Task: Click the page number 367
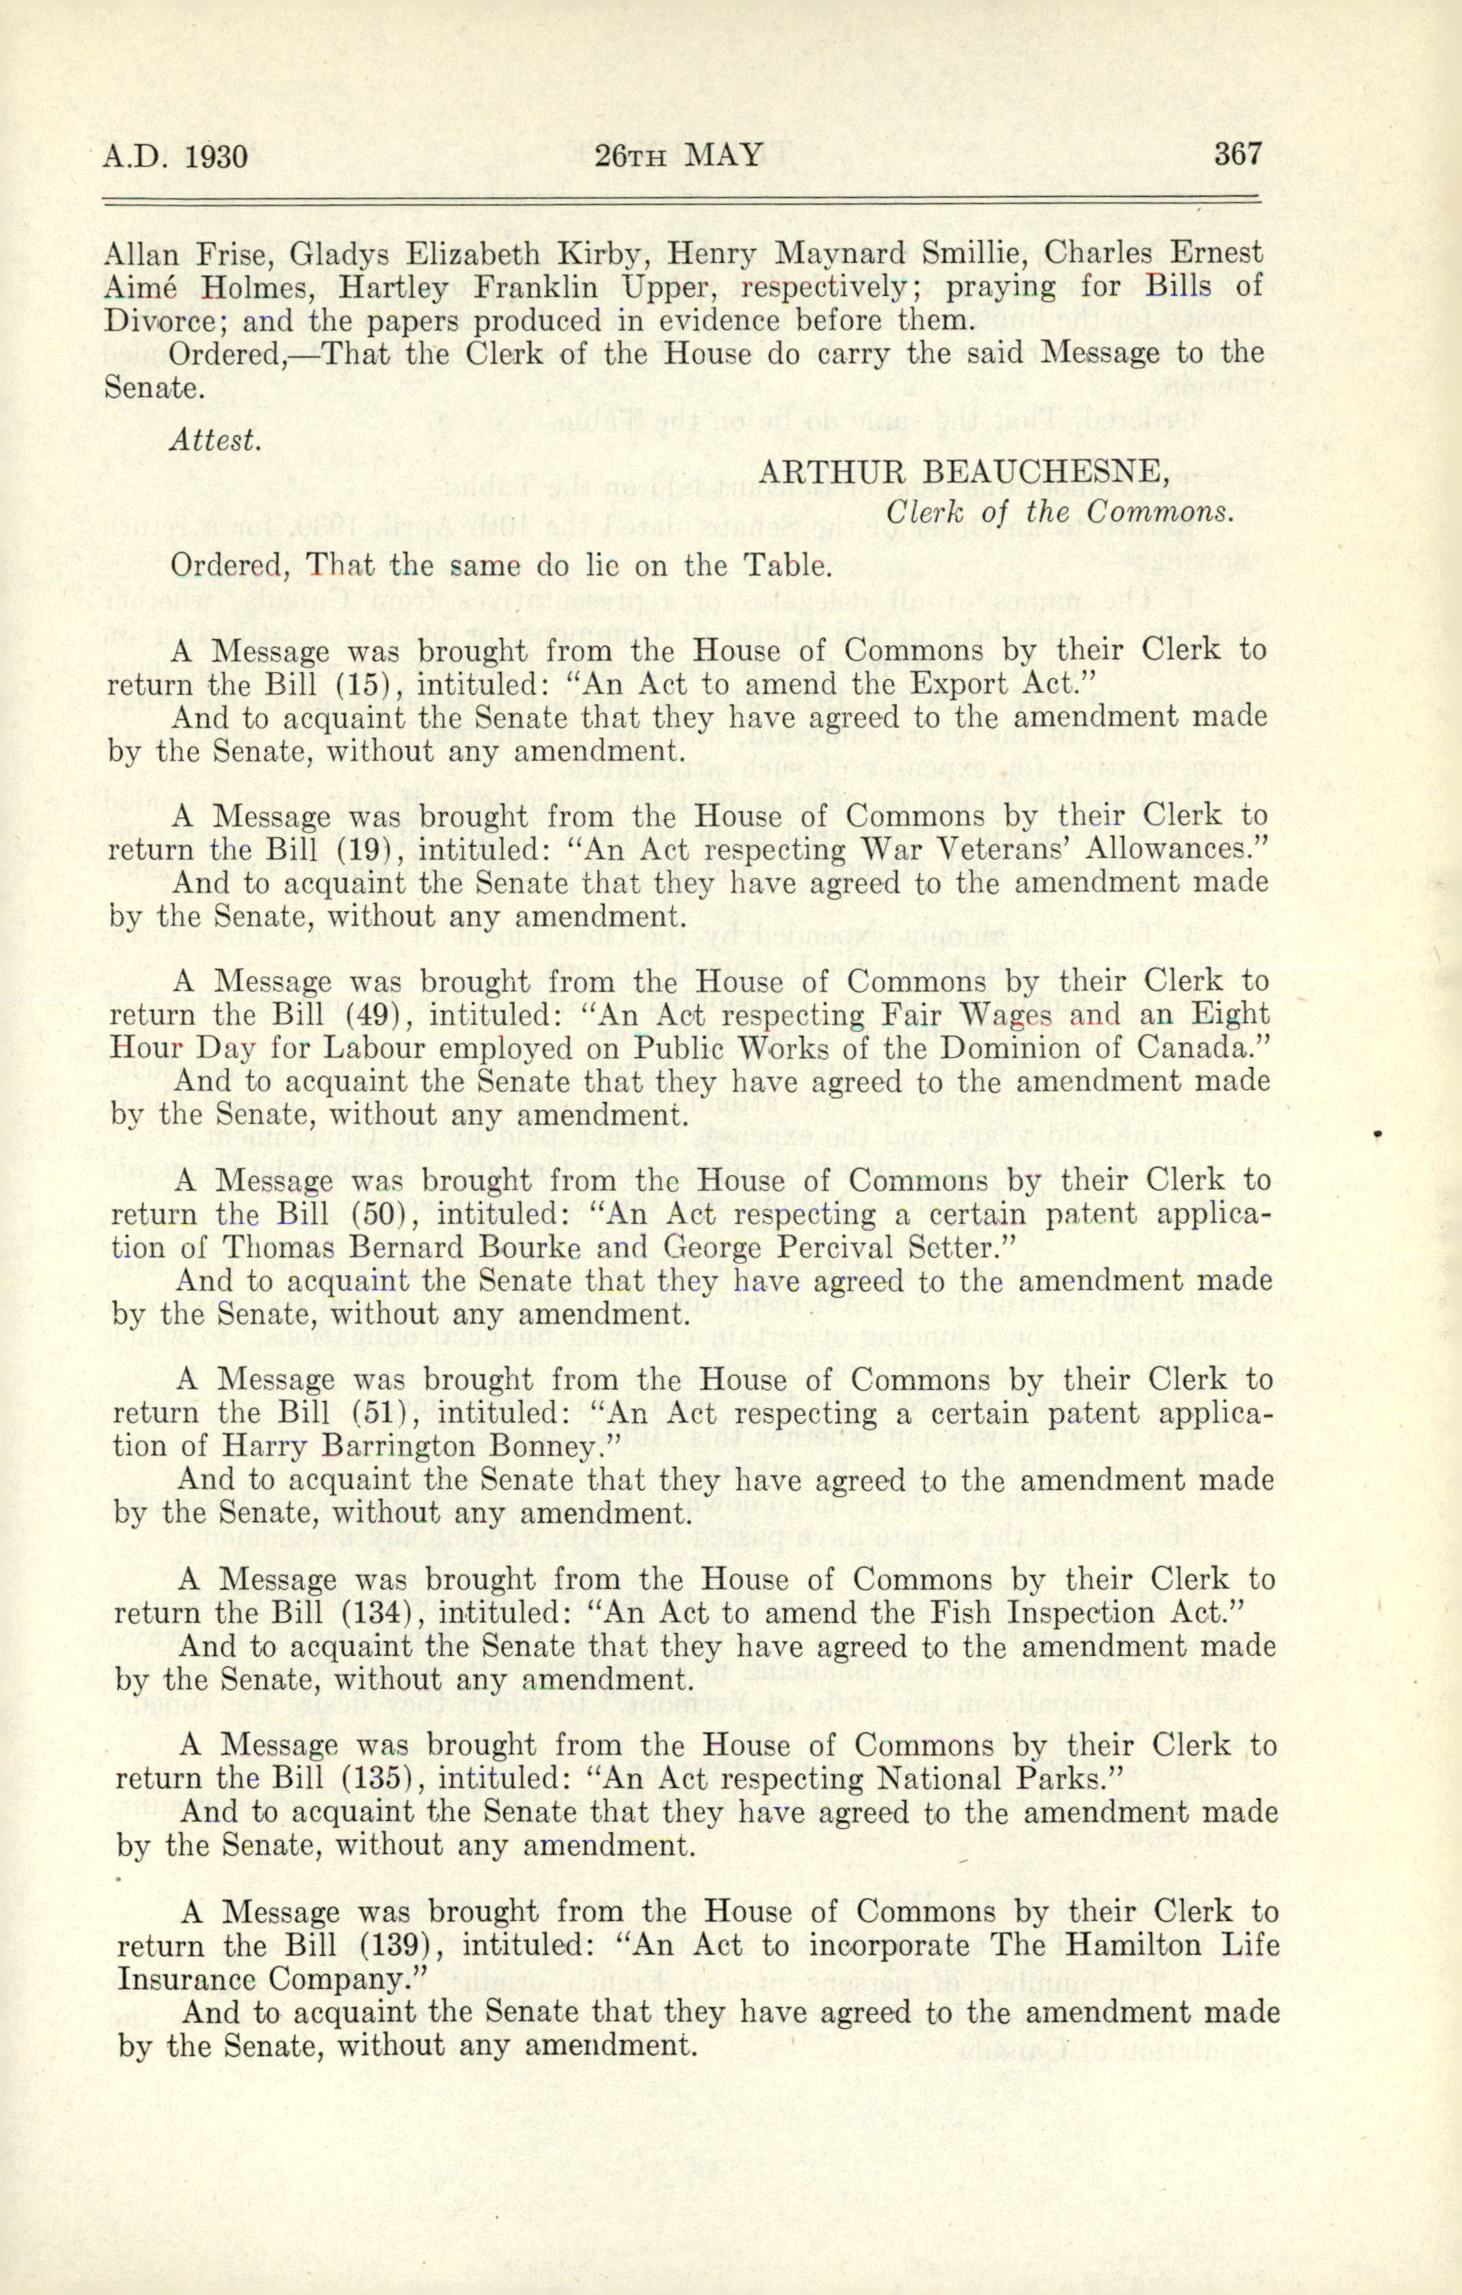(x=1237, y=153)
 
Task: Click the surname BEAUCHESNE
(x=1052, y=471)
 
